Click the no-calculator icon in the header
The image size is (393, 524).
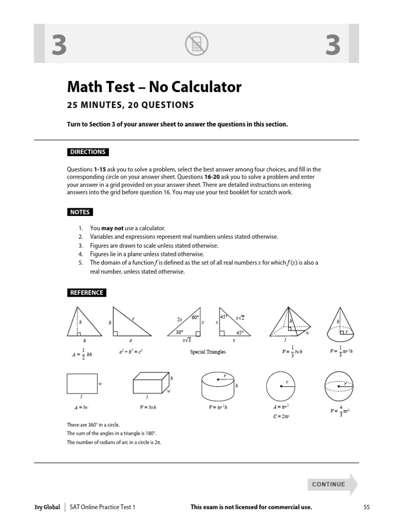[x=196, y=44]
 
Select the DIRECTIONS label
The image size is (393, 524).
[x=88, y=152]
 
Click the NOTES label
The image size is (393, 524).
[x=80, y=212]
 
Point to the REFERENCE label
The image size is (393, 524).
[x=87, y=293]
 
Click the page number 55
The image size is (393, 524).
[x=366, y=507]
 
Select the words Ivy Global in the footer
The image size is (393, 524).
[x=45, y=507]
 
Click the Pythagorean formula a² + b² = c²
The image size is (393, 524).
[x=130, y=352]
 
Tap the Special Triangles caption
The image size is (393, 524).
[x=208, y=352]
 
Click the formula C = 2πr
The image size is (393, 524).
[x=281, y=416]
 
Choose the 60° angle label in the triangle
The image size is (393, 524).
[x=195, y=318]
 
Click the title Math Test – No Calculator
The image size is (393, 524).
[x=154, y=87]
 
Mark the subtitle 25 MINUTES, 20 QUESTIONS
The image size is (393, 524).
[x=130, y=105]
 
